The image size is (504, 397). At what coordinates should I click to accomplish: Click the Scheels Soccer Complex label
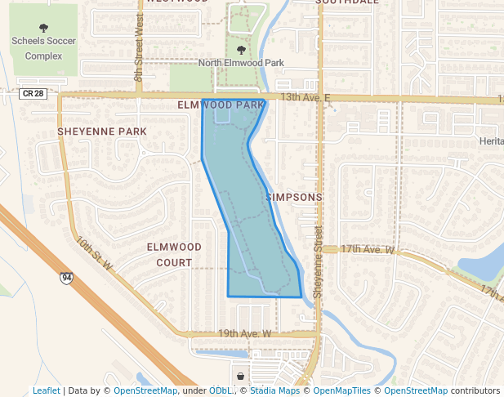click(42, 48)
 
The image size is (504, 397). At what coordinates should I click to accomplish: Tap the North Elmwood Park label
click(242, 62)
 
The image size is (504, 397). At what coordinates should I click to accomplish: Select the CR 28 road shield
click(34, 94)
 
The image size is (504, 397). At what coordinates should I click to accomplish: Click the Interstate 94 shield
click(66, 279)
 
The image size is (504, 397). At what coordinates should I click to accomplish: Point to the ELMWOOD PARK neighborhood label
click(221, 105)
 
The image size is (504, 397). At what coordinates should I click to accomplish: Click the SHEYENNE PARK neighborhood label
click(102, 131)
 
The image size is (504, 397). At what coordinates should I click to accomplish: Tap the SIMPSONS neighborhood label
click(294, 198)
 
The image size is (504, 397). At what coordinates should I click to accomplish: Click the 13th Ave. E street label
click(305, 97)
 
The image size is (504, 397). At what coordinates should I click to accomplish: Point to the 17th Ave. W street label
click(368, 248)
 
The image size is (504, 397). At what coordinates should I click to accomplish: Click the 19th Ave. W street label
click(244, 333)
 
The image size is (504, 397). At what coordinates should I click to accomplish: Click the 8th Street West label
click(139, 62)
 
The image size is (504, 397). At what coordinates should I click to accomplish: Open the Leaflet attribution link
click(47, 391)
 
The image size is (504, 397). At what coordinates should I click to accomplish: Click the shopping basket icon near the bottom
click(240, 376)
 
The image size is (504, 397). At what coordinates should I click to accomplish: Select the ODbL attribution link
click(220, 391)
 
